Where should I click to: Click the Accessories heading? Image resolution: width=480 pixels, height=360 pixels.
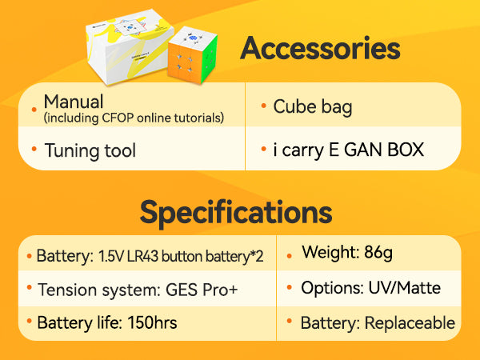click(320, 48)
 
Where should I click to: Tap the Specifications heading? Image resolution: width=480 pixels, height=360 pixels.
click(236, 213)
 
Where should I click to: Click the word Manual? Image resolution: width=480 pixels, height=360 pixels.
click(74, 102)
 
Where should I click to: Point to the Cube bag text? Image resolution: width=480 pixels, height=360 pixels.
click(313, 107)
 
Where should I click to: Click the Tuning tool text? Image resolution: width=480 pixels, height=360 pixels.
click(90, 150)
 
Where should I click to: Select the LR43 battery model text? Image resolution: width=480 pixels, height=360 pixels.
click(142, 256)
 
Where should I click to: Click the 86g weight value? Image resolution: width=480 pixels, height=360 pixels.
click(378, 253)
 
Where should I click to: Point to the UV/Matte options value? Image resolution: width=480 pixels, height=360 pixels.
click(404, 288)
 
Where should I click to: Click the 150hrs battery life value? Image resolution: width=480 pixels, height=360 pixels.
click(152, 322)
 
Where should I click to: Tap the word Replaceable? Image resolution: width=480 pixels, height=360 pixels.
click(410, 323)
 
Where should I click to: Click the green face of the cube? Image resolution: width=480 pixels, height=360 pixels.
click(209, 58)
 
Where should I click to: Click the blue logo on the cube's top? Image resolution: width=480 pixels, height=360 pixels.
click(193, 38)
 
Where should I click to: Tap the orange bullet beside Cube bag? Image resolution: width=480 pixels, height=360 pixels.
click(263, 106)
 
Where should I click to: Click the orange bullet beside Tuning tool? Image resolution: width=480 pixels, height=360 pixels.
click(34, 149)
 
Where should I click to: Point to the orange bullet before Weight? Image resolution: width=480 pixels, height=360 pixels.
click(290, 256)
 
